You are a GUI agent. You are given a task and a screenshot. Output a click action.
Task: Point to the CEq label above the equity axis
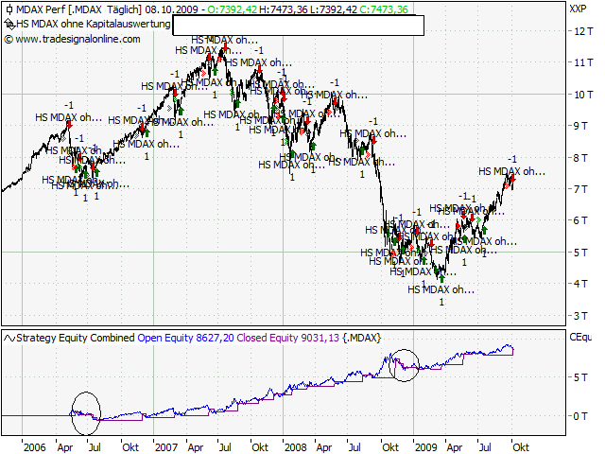(x=579, y=336)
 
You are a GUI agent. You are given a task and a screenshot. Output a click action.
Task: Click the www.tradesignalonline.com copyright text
(x=78, y=39)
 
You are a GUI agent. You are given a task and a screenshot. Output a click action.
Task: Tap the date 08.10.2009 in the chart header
(x=175, y=9)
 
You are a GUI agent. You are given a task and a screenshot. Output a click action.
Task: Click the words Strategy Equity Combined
(x=77, y=337)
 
